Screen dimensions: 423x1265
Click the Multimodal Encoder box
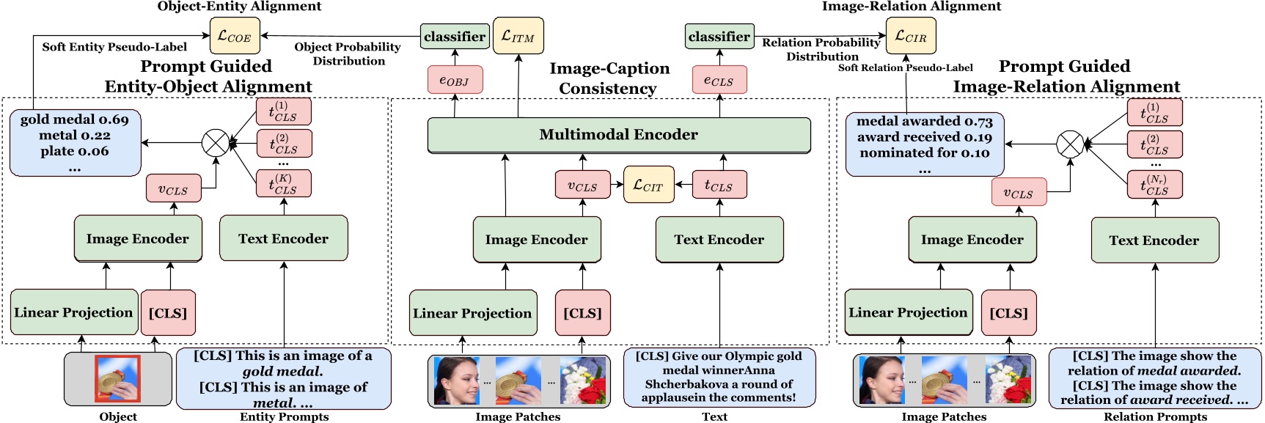point(618,135)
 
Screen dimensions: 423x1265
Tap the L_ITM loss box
point(518,36)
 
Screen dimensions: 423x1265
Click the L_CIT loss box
point(648,185)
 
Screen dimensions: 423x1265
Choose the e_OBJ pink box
point(455,80)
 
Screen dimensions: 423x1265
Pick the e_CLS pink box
point(719,80)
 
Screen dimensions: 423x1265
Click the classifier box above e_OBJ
point(455,36)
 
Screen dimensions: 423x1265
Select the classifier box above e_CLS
point(719,36)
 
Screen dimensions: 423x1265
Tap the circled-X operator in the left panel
point(216,143)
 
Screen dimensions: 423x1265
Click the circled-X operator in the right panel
point(1070,144)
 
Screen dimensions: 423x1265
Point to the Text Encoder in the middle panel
point(719,240)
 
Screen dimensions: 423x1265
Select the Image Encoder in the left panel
point(138,238)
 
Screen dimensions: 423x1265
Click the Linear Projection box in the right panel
point(908,312)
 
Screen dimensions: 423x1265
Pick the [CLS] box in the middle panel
point(582,313)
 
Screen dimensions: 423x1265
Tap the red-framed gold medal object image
point(117,378)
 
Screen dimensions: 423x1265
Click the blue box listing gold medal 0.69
point(75,143)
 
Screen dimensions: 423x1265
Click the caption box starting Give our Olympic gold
point(719,377)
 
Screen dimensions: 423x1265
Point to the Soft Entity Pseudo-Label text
point(114,47)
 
